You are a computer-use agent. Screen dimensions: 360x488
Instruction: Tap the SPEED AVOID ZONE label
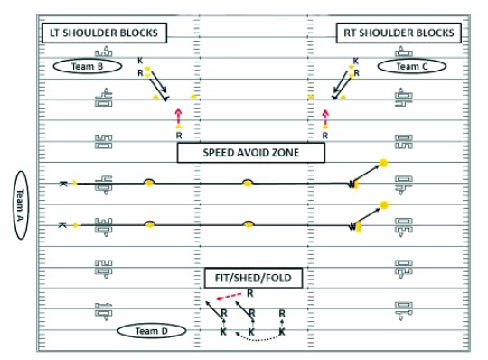(x=250, y=153)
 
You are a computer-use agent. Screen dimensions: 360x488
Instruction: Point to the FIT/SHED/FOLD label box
(x=249, y=279)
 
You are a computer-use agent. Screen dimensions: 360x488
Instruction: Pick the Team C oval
(x=408, y=66)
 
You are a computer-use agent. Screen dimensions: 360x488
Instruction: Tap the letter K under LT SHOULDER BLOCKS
(x=140, y=62)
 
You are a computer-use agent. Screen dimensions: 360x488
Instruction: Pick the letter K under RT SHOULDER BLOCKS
(x=355, y=62)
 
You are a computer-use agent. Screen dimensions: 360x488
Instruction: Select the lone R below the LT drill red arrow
(x=178, y=136)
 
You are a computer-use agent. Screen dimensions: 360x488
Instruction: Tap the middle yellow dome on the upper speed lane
(x=248, y=183)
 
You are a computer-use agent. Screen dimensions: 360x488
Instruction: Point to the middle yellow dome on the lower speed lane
(x=248, y=223)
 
